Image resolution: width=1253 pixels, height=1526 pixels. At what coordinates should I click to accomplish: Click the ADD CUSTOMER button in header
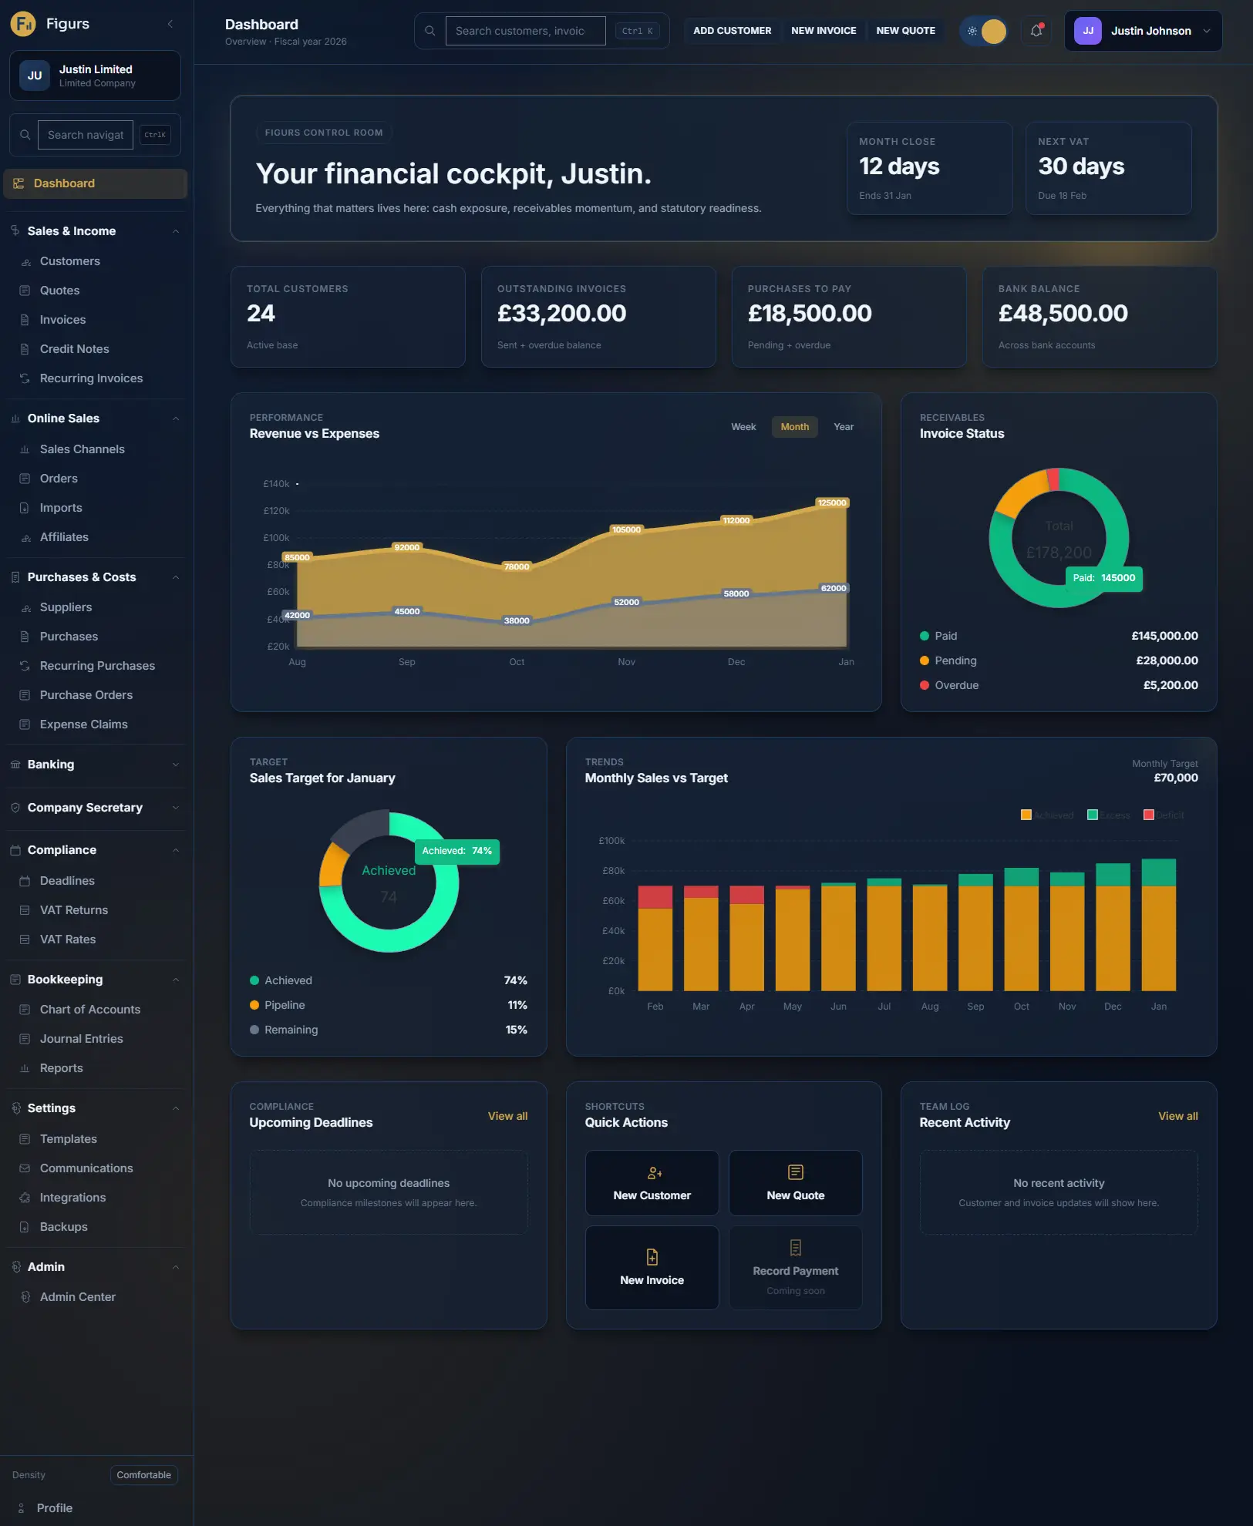(732, 31)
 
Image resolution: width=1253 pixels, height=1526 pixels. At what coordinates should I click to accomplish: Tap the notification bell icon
(1036, 31)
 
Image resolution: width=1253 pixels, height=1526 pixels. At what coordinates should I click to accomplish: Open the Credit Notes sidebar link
(74, 349)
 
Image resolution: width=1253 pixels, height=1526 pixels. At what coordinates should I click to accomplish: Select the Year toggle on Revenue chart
(843, 427)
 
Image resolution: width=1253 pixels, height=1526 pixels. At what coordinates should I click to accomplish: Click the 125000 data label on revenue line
(831, 503)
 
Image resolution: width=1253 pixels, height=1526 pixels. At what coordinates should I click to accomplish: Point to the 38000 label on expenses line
(516, 620)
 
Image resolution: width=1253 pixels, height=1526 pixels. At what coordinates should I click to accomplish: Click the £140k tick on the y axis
(276, 484)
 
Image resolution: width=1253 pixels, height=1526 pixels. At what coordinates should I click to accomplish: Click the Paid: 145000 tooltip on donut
(1103, 578)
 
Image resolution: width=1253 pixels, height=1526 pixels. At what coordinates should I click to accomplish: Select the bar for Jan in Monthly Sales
(1158, 925)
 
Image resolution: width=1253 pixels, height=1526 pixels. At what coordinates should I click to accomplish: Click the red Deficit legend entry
(1164, 815)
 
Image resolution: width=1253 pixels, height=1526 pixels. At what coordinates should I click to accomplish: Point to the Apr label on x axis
(746, 1007)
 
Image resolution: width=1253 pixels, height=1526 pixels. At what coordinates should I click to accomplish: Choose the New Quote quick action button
(795, 1183)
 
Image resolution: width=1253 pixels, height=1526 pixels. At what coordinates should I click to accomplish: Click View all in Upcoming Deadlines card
(507, 1116)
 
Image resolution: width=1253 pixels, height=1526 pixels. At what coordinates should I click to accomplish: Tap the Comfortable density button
(144, 1475)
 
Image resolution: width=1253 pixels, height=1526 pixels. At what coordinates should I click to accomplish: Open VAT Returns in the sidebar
(73, 910)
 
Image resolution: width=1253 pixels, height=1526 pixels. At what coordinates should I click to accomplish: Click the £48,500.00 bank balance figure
(1063, 314)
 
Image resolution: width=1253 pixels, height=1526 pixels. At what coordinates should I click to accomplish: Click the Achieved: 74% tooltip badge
(456, 851)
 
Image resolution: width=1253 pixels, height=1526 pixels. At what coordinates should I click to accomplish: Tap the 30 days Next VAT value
(1081, 166)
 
